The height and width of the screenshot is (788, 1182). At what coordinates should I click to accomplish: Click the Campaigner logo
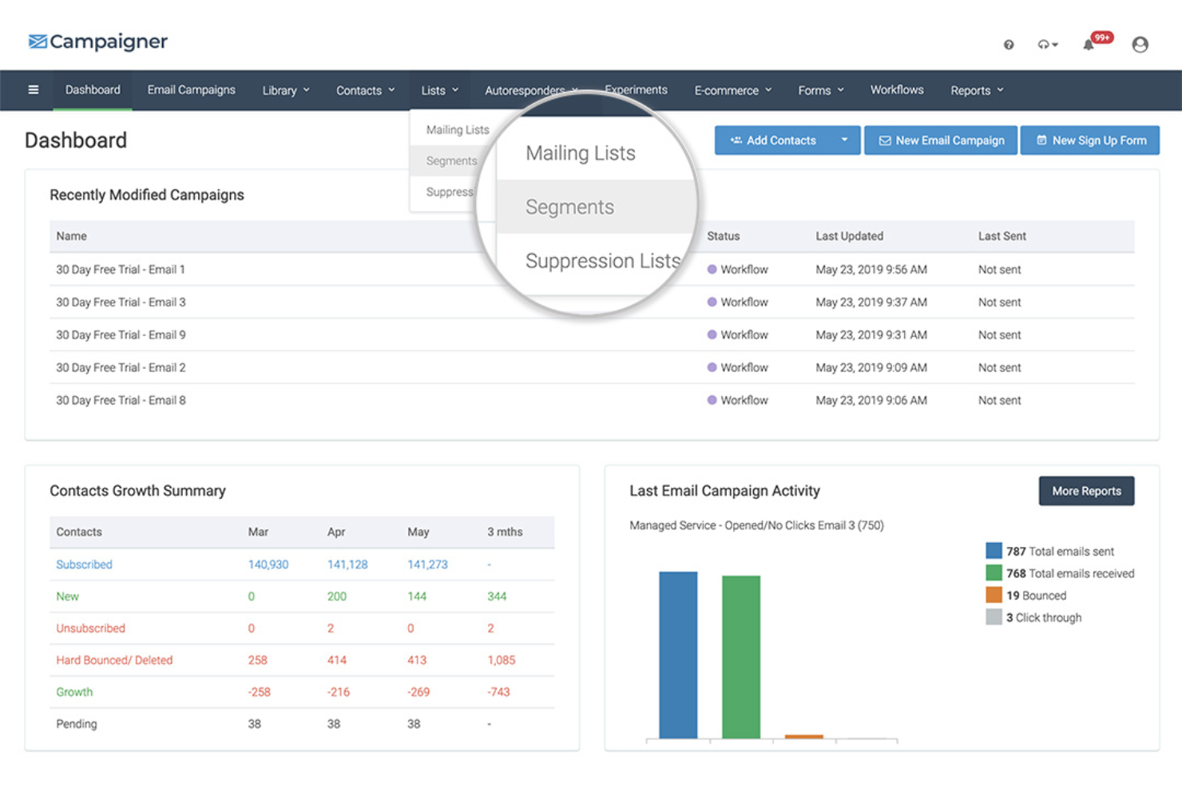pos(98,42)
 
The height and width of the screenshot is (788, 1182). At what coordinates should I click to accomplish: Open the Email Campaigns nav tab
pos(191,90)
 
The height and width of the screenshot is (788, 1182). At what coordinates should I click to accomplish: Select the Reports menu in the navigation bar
pos(976,91)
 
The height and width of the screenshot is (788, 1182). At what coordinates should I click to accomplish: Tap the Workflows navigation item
pos(896,90)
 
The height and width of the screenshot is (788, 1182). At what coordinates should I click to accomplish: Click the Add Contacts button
pos(773,141)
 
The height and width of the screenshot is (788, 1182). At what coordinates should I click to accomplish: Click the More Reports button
pos(1086,491)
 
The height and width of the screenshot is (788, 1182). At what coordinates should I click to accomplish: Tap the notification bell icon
pos(1089,45)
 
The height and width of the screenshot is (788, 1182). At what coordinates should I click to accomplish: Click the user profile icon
pos(1140,45)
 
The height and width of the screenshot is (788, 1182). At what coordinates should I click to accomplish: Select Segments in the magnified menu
pos(569,208)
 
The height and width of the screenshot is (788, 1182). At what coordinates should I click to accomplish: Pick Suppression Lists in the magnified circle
pos(602,261)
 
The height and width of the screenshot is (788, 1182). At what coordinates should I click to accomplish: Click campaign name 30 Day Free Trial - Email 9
pos(121,335)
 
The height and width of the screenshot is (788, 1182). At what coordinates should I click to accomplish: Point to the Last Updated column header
pos(849,236)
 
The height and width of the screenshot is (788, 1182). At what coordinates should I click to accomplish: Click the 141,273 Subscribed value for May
pos(427,564)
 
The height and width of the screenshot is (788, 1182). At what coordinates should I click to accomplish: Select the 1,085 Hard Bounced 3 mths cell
pos(501,660)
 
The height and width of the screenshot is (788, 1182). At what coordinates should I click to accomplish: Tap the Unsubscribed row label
pos(90,628)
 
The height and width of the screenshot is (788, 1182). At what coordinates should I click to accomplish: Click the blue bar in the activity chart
pos(678,655)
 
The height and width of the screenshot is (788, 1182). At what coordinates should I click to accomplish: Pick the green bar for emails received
pos(741,656)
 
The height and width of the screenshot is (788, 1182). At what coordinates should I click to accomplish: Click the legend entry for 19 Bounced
pos(1035,596)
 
